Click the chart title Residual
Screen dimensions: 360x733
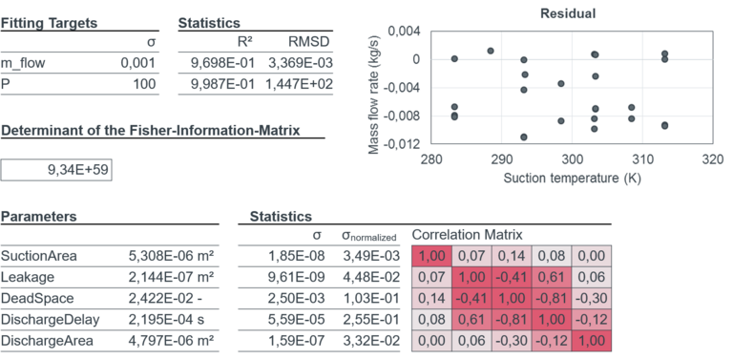(x=568, y=13)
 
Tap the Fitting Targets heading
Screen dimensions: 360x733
(x=48, y=22)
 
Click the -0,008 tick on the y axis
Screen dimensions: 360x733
(x=403, y=116)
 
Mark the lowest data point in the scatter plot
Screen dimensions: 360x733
(x=524, y=138)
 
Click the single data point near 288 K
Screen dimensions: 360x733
(x=490, y=51)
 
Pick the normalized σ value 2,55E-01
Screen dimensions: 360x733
(x=362, y=320)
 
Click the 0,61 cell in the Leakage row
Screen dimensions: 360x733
(x=551, y=278)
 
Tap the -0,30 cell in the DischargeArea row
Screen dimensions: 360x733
(x=512, y=341)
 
